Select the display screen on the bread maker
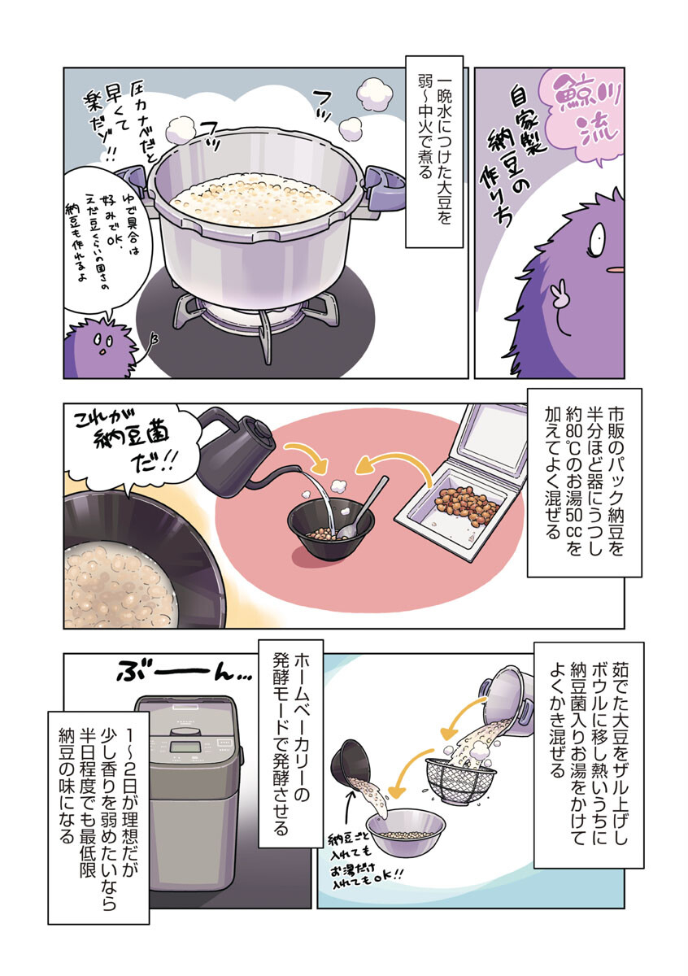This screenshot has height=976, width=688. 186,747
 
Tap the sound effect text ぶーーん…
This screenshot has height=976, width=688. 174,673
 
